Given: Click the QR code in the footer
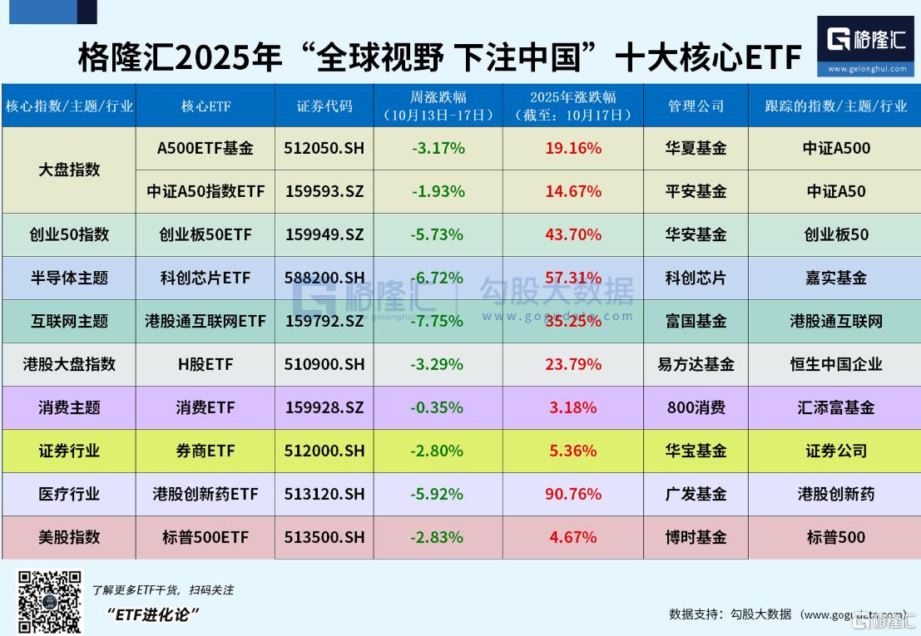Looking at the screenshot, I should coord(51,602).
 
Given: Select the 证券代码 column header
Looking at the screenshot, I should coord(324,106).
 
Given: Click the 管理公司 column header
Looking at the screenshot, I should coord(696,106).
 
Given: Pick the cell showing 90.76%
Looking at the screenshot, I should coord(573,494).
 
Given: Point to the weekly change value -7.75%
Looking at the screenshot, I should coord(437,321).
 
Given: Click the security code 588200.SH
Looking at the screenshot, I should coord(324,278).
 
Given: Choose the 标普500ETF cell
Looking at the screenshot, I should coord(205,537).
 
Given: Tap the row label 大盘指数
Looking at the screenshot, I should coord(69,170).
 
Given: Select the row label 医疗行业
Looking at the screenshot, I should coord(69,494).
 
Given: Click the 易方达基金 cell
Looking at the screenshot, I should coord(696,364).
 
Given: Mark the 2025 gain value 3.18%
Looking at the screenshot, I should coord(573,407).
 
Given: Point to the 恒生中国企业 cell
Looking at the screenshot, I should coord(835,364).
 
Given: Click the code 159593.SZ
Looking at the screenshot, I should coord(324,191).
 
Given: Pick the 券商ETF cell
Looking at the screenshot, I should coord(205,451).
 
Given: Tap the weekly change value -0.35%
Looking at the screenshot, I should coord(437,407).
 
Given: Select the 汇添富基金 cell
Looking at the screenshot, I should coord(835,407).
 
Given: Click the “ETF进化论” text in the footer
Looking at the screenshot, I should coord(154,614).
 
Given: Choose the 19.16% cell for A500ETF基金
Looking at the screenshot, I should coord(573,148).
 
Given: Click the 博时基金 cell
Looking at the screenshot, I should coord(696,537).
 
